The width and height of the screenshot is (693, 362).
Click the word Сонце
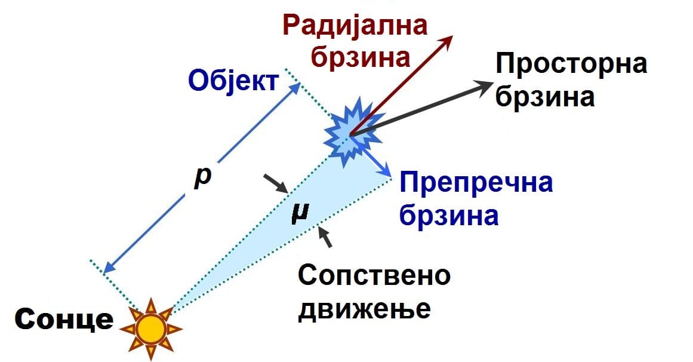(x=64, y=319)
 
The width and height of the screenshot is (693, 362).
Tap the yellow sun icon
(x=151, y=329)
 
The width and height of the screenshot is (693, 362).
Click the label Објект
(x=233, y=81)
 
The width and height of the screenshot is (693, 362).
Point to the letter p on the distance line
(x=203, y=178)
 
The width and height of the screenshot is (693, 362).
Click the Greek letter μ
(x=300, y=213)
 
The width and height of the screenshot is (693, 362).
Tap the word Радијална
(x=355, y=26)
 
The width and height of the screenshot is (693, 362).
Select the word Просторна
(x=571, y=64)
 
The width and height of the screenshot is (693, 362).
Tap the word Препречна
(x=476, y=182)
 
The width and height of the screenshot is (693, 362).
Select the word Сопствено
(x=374, y=276)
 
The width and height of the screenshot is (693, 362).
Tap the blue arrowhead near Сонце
(x=110, y=266)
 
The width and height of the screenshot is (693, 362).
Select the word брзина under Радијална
(x=361, y=57)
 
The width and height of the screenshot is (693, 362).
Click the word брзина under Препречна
(x=449, y=216)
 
